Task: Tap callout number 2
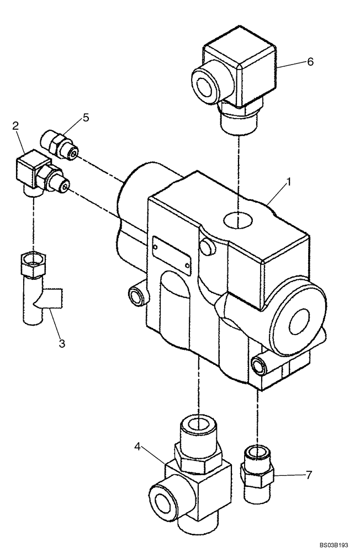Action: tap(16, 127)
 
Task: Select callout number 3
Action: tap(62, 343)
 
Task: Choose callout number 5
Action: tap(86, 117)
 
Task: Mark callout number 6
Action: tap(310, 62)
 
